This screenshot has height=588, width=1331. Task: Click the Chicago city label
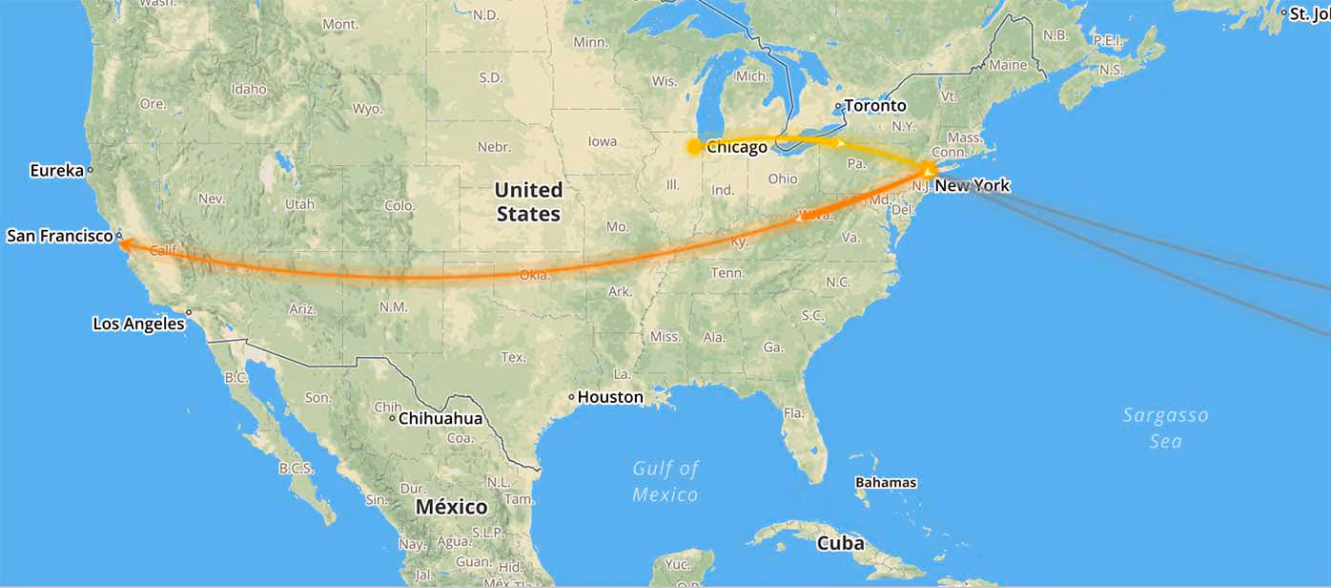(x=737, y=147)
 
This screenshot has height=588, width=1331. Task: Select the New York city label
(x=972, y=185)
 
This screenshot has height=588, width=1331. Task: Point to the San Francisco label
(x=60, y=235)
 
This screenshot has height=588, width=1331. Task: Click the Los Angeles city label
(x=138, y=324)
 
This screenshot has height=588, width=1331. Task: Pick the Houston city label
(x=610, y=396)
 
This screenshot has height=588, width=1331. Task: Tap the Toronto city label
(x=875, y=106)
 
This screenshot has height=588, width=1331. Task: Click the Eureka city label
(x=57, y=171)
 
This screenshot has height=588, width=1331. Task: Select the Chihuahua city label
(x=440, y=418)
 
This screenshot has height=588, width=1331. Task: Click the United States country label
(x=528, y=201)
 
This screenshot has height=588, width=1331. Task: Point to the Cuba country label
(x=841, y=543)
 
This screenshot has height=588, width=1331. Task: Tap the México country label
(x=451, y=507)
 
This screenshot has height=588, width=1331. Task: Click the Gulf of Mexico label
(x=665, y=481)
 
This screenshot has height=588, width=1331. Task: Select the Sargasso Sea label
(x=1165, y=428)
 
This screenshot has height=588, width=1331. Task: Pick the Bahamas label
(x=886, y=482)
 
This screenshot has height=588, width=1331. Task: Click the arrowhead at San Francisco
(x=125, y=244)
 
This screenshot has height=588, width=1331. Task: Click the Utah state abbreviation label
(x=299, y=204)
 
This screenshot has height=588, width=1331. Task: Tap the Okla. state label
(x=534, y=275)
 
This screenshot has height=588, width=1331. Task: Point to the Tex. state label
(x=513, y=357)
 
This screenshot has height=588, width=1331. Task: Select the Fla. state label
(x=793, y=413)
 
